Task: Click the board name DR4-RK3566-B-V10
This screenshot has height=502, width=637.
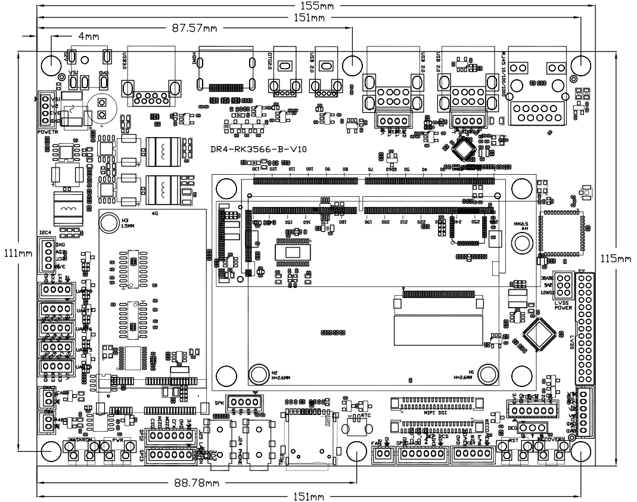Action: [259, 150]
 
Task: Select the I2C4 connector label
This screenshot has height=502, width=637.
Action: [46, 233]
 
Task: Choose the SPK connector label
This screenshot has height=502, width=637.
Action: [219, 402]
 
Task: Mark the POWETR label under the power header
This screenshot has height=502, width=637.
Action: [47, 131]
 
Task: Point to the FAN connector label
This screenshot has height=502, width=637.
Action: [376, 443]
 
